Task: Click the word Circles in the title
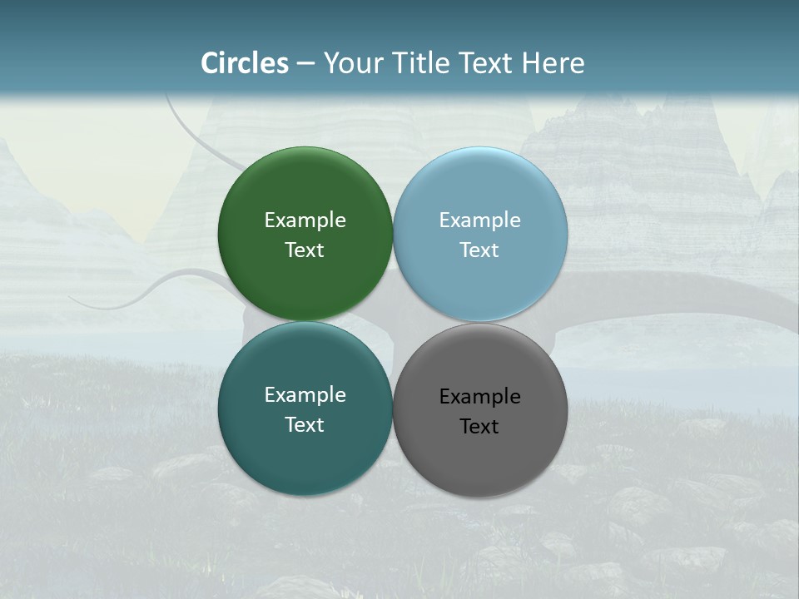tap(245, 63)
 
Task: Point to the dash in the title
tap(305, 64)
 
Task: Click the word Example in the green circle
tap(305, 220)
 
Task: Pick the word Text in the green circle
tap(305, 250)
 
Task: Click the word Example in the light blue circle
tap(480, 220)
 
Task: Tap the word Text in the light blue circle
tap(480, 250)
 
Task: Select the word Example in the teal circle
tap(305, 395)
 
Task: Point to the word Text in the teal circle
tap(305, 425)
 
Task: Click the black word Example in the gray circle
tap(480, 397)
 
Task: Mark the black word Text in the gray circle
tap(480, 427)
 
